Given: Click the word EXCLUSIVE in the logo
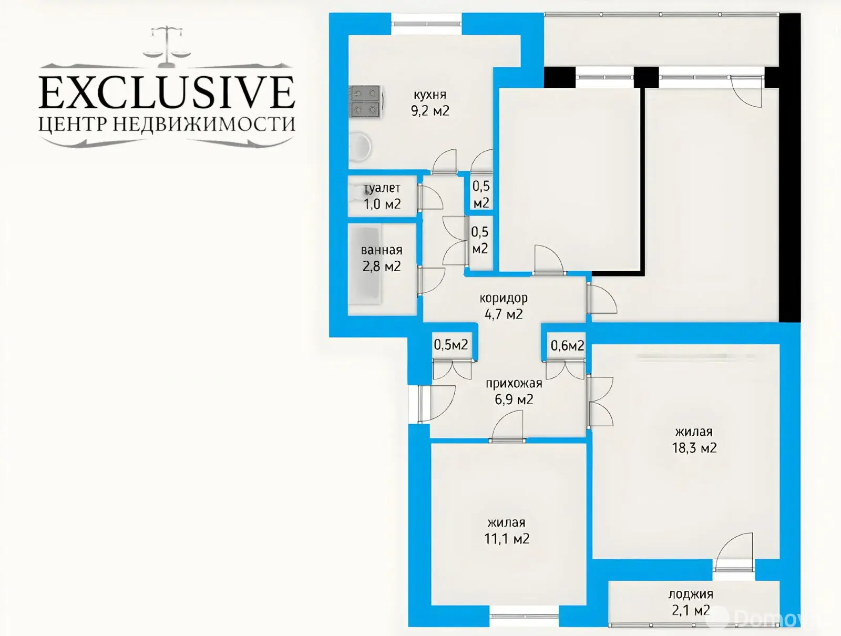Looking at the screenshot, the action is point(167,92).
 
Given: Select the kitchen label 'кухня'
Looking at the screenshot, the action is point(430,95).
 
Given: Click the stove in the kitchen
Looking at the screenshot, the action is point(365,101).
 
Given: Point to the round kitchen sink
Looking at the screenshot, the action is point(360,146).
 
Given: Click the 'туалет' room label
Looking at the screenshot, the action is point(382,188).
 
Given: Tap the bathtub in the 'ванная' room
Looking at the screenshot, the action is point(364,265).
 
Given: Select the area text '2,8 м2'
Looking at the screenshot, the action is point(382,266).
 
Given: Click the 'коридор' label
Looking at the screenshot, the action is point(504,298).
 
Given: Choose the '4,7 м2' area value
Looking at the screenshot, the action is point(504,314).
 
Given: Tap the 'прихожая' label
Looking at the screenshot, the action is point(514,384).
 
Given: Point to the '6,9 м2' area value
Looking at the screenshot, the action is point(514,399).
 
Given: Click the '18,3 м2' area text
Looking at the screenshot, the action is point(694,448).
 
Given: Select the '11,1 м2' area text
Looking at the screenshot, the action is point(507,539).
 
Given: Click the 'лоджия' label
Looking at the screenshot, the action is point(691,594).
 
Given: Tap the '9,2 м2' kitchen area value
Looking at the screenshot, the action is point(430,111).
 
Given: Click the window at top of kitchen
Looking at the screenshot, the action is point(426,24).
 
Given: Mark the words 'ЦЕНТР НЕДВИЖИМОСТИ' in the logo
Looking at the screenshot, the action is point(167,124).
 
